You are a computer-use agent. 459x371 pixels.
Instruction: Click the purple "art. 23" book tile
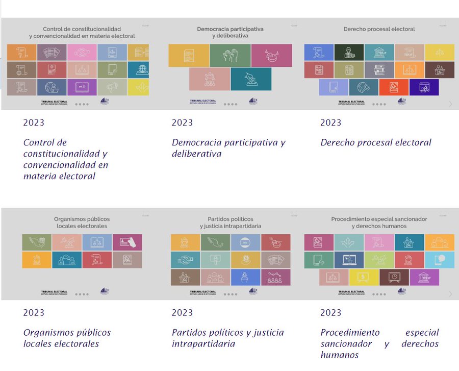pos(82,87)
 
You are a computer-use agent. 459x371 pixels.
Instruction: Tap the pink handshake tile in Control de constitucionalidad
pos(82,52)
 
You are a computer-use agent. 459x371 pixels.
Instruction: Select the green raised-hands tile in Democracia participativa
pos(230,56)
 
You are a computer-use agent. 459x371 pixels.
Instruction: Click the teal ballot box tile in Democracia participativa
pos(251,79)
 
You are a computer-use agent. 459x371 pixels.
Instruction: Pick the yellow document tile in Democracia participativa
pos(189,56)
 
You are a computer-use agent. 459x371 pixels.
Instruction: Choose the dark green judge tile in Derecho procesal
pos(349,52)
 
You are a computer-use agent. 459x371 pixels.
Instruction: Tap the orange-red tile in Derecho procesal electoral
pos(393,87)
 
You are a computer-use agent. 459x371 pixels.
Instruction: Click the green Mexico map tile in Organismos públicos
pos(37,242)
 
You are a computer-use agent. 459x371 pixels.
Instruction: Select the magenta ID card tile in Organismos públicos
pos(127,242)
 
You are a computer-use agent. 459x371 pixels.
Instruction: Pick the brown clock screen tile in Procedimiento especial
pos(394,277)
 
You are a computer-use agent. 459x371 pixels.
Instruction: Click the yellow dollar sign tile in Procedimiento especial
pos(364,277)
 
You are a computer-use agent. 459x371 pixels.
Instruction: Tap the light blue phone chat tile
pos(439,260)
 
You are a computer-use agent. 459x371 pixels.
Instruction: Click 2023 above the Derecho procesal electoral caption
pos(330,122)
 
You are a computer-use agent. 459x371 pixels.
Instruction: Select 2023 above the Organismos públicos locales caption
pos(34,312)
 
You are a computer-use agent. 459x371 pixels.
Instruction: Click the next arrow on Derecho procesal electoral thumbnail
pos(450,104)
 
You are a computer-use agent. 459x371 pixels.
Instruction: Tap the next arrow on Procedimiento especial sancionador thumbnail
pos(450,294)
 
